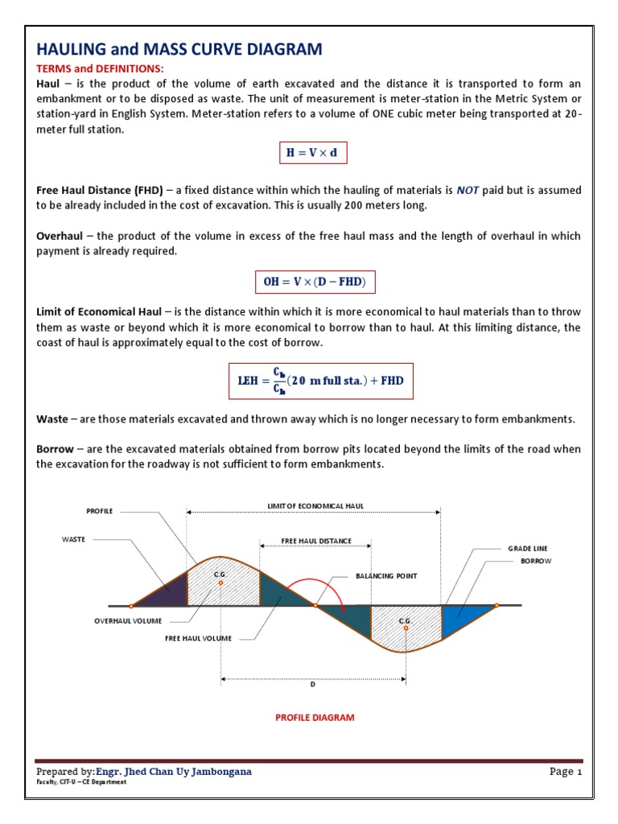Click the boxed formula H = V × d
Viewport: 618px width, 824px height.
(x=313, y=152)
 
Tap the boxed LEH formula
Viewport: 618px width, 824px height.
(x=319, y=381)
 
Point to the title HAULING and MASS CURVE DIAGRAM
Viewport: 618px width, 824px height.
(x=179, y=50)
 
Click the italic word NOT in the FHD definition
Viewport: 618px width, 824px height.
(x=468, y=191)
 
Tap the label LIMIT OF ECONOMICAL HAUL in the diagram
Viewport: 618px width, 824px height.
(x=315, y=505)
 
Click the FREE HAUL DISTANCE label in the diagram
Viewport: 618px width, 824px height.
(x=315, y=541)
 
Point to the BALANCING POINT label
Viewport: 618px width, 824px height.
(x=387, y=576)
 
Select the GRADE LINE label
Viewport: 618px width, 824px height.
(x=527, y=548)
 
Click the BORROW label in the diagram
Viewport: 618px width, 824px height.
(x=535, y=561)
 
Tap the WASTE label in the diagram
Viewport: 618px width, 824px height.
(x=73, y=539)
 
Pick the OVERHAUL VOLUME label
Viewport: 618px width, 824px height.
(x=128, y=621)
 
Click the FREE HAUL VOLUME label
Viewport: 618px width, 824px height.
(x=198, y=638)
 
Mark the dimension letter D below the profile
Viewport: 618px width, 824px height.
(x=313, y=685)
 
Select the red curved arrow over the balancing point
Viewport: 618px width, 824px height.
(x=318, y=585)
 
